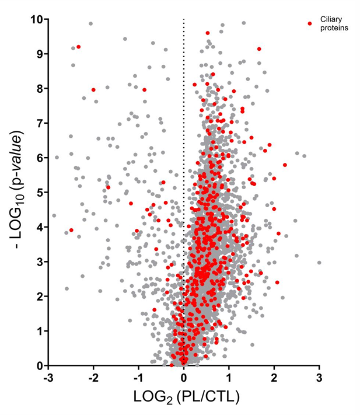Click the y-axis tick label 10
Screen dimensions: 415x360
click(x=36, y=19)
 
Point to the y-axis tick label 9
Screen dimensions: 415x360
click(x=39, y=54)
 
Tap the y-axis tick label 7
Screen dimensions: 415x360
click(x=39, y=123)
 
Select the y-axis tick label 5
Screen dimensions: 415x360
click(x=39, y=192)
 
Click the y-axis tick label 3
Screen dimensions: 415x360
click(x=39, y=261)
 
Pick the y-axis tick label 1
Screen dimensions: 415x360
click(x=39, y=331)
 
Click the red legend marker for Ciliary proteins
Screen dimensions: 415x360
click(x=310, y=23)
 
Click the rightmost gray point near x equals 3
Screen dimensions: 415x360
click(x=319, y=263)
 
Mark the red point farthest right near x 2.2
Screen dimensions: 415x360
click(x=285, y=165)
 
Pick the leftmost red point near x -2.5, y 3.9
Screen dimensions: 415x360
click(x=71, y=230)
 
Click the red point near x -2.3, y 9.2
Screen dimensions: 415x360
click(x=79, y=47)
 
